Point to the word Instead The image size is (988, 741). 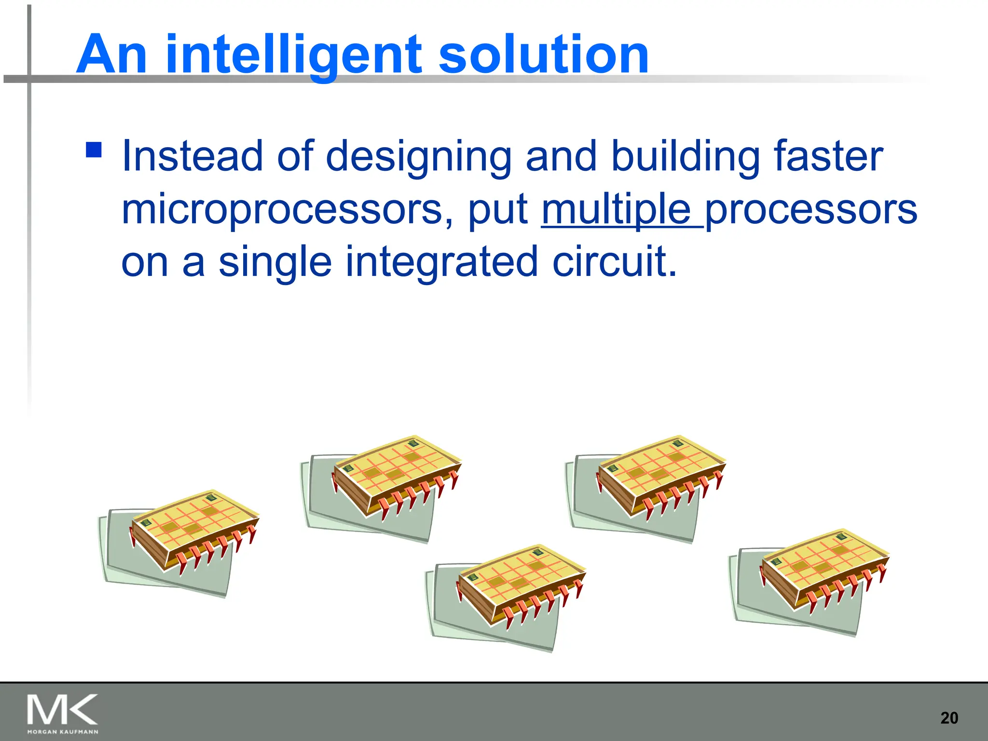(x=192, y=156)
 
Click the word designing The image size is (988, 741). (x=418, y=157)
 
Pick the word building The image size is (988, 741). (x=685, y=156)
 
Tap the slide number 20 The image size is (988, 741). (x=949, y=718)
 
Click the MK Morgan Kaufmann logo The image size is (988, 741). (x=63, y=714)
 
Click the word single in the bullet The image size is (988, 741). (x=275, y=262)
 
